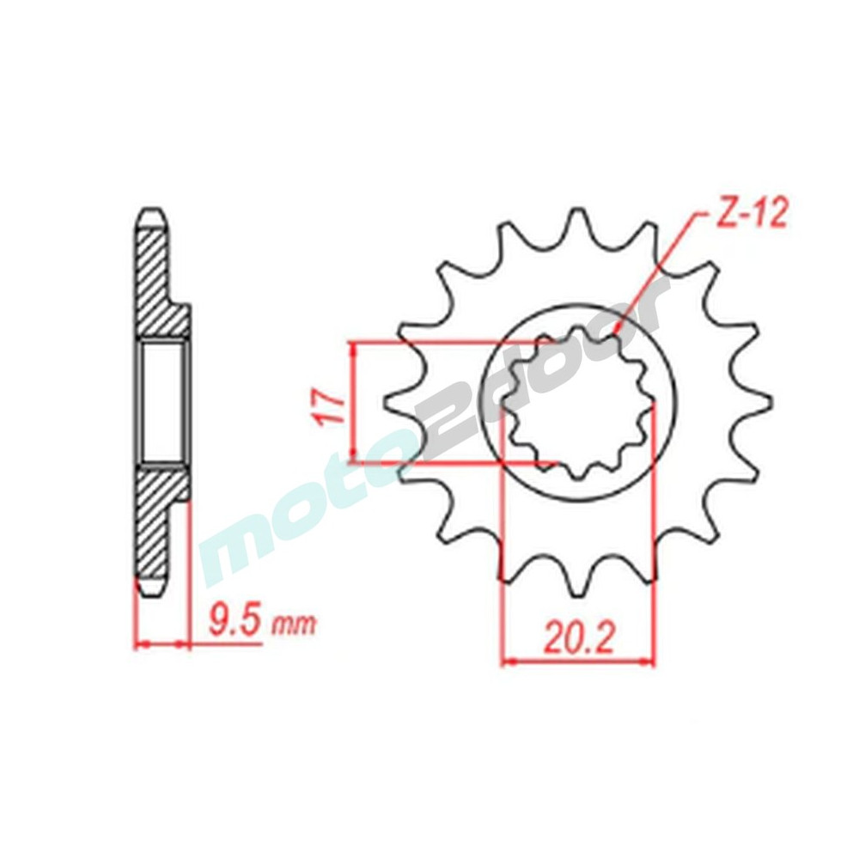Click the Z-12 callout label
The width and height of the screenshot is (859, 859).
750,215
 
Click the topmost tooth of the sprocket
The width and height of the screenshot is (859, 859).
577,220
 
